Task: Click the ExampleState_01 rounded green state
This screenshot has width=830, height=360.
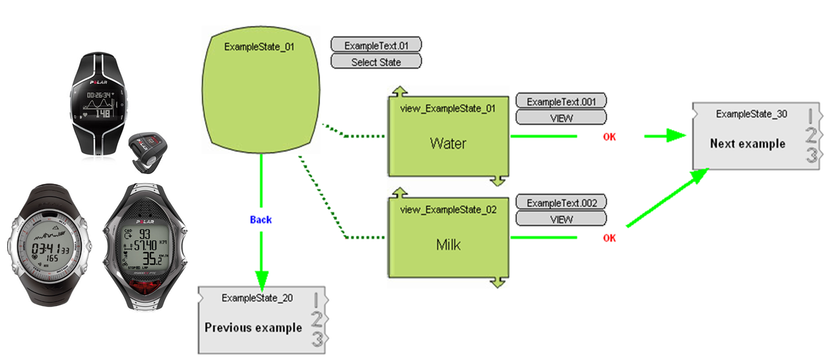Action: tap(260, 94)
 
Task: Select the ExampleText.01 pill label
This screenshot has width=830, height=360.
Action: tap(376, 45)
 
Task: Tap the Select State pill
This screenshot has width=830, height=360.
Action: tap(376, 62)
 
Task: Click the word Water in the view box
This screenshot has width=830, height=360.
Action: tap(448, 143)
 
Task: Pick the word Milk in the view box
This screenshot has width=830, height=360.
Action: tap(448, 245)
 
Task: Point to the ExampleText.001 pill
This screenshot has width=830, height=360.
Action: tap(561, 101)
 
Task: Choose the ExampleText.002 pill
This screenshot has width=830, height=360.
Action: tap(561, 203)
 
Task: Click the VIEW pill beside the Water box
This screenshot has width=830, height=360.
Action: tap(561, 118)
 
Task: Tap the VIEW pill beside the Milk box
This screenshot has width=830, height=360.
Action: tap(561, 219)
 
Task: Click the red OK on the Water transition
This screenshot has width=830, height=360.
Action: tap(609, 137)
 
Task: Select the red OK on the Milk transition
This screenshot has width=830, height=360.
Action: tap(609, 238)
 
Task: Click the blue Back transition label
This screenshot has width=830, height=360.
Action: tap(261, 219)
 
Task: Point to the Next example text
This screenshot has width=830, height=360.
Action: tap(747, 143)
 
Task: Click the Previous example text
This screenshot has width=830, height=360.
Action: tap(253, 328)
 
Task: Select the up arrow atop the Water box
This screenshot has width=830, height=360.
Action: tap(400, 91)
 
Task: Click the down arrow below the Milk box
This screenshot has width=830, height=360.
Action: tap(497, 282)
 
